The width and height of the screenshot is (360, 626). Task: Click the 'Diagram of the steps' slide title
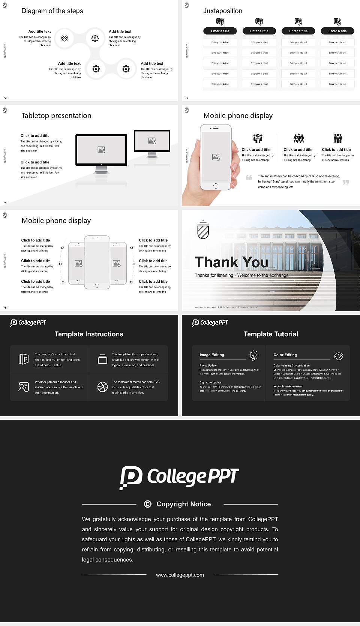[52, 11]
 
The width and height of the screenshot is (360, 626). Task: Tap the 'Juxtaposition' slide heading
[223, 11]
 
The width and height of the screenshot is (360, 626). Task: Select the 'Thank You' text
[232, 262]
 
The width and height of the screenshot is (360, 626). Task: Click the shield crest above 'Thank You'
[203, 230]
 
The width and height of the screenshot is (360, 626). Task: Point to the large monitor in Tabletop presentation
[101, 150]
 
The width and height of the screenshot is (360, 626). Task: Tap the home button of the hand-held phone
[216, 186]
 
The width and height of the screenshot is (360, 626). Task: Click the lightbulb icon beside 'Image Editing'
[253, 355]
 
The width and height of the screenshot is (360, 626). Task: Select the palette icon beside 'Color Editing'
[339, 356]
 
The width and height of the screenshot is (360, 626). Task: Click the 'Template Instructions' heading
[89, 334]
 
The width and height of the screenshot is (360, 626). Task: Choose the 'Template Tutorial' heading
[271, 334]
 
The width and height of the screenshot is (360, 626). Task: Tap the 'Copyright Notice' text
[183, 504]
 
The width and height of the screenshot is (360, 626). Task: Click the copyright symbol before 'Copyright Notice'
[148, 504]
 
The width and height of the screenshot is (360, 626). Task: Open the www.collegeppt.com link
[180, 575]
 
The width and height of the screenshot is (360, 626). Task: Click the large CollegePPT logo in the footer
[179, 477]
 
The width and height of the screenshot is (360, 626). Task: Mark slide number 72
[5, 98]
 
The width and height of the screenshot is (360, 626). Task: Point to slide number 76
[5, 308]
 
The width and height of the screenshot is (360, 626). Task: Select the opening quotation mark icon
[249, 177]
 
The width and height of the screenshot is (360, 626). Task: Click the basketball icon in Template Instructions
[102, 387]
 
